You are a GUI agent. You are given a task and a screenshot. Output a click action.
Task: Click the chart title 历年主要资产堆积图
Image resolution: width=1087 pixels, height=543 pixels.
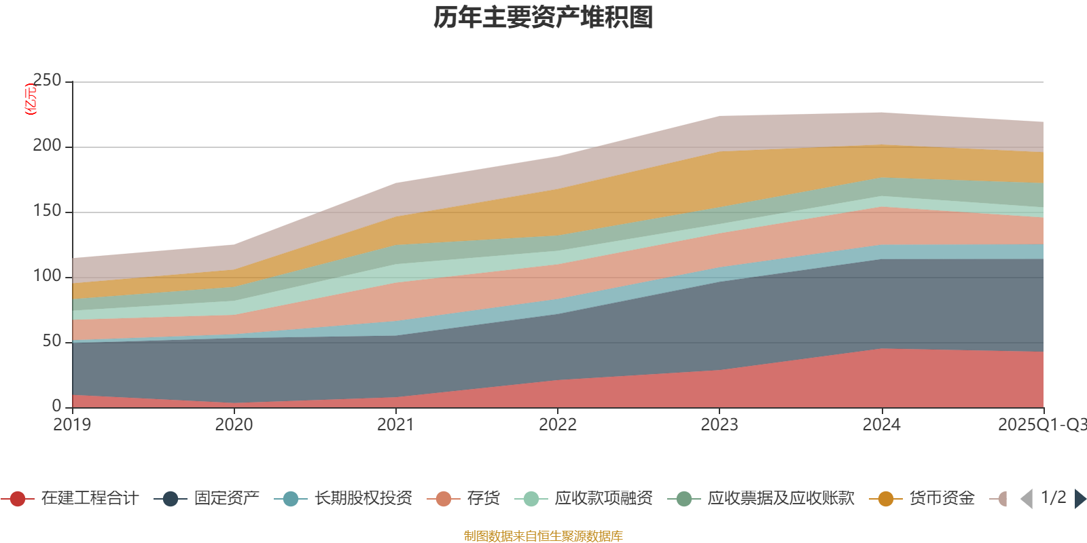click(x=543, y=18)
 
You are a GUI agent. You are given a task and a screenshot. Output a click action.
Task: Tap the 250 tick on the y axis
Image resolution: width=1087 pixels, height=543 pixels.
click(x=47, y=81)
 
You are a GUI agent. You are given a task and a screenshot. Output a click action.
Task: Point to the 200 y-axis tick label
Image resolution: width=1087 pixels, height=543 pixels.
click(x=47, y=146)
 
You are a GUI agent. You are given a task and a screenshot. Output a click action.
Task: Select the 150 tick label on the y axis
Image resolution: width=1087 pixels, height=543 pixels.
click(x=47, y=211)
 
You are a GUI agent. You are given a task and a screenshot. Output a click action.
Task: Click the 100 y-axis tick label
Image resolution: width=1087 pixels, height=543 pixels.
click(x=47, y=276)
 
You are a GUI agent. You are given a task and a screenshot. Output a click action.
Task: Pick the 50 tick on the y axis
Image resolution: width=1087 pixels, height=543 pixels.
click(x=52, y=341)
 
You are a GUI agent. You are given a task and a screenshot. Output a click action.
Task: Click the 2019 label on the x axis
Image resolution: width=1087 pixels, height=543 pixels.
click(x=72, y=425)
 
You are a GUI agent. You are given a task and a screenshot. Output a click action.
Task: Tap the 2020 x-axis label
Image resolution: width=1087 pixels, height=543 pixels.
click(x=234, y=425)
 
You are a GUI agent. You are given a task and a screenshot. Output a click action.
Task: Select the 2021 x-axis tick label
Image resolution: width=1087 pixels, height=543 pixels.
click(x=395, y=425)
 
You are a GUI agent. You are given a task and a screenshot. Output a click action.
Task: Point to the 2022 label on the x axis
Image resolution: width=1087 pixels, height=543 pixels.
click(x=557, y=425)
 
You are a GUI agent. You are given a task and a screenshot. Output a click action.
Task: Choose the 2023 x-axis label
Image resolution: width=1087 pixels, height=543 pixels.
click(x=719, y=425)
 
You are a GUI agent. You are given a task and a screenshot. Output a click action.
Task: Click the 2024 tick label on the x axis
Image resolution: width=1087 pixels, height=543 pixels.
click(x=881, y=425)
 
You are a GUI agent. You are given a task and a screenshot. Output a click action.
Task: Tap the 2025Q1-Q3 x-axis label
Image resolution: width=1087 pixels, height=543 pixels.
click(x=1041, y=425)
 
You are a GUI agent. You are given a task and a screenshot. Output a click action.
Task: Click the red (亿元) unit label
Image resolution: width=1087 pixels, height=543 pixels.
click(x=31, y=99)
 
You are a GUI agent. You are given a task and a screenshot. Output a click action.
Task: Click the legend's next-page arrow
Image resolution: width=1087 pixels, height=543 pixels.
click(x=1080, y=499)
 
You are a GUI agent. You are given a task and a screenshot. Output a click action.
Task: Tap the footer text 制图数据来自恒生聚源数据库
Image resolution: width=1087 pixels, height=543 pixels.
click(x=543, y=536)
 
